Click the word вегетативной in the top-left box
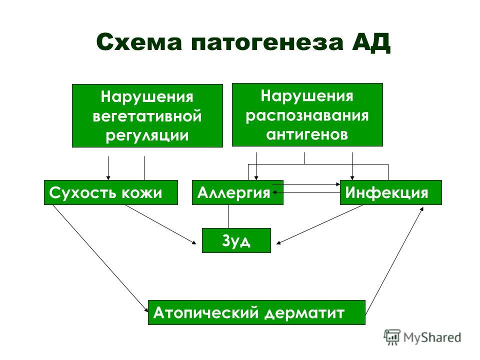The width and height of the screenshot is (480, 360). point(147,116)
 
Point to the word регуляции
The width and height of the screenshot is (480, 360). point(147,136)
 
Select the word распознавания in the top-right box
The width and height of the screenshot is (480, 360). point(307,115)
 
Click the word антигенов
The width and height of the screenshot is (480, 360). point(307,134)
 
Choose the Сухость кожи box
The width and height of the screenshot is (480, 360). point(111,192)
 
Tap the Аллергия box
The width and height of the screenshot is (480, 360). point(237,192)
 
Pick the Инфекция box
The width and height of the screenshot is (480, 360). point(391,192)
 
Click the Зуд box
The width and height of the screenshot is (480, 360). point(236,240)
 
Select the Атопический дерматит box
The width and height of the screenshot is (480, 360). point(256,312)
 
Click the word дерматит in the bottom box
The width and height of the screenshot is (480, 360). point(304,313)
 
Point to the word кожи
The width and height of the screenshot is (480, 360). point(141,193)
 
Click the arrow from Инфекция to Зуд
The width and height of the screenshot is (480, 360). point(319,224)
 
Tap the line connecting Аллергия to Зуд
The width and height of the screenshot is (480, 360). point(228,216)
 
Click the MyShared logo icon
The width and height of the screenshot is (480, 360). point(392,337)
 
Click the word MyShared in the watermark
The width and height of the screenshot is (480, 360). point(432,337)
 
